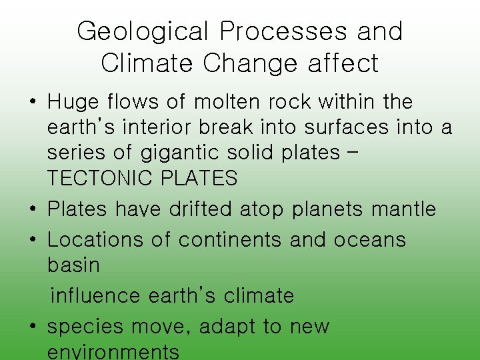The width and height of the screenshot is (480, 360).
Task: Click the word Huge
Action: (73, 102)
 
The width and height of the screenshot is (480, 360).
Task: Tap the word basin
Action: (73, 265)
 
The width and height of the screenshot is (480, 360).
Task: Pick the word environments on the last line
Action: (113, 351)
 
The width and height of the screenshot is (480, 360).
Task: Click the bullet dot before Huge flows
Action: (33, 103)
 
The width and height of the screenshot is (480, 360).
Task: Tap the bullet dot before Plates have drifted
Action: (33, 209)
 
